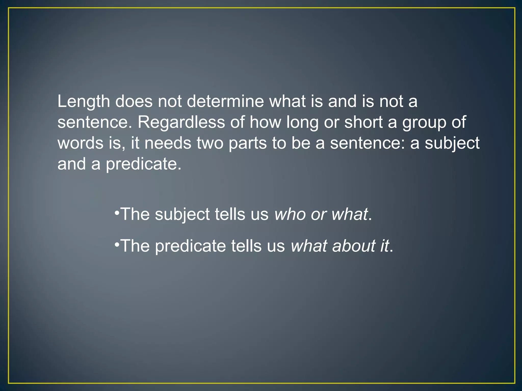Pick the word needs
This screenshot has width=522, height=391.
(x=168, y=143)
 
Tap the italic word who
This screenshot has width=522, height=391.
(x=290, y=214)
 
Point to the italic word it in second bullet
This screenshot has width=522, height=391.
(x=385, y=246)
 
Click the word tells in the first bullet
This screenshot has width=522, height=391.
(x=230, y=214)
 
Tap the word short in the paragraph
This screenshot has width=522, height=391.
(x=363, y=122)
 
